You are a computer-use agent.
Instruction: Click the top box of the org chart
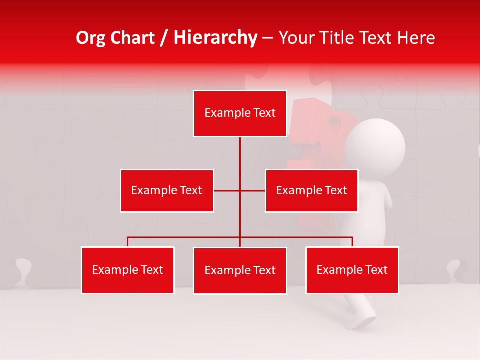coord(240,113)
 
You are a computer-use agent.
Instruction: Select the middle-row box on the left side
coord(167,190)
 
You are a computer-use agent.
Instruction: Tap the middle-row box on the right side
coord(311,190)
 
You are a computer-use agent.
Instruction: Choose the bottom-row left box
coord(128,270)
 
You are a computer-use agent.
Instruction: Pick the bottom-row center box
coord(240,270)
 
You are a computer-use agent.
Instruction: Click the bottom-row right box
coord(352,270)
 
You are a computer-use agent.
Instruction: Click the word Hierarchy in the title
coord(215,38)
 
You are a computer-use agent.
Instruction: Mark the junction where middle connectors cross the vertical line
coord(240,190)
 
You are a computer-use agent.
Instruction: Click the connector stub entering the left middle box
coord(220,190)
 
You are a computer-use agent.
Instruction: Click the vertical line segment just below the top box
coord(240,150)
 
